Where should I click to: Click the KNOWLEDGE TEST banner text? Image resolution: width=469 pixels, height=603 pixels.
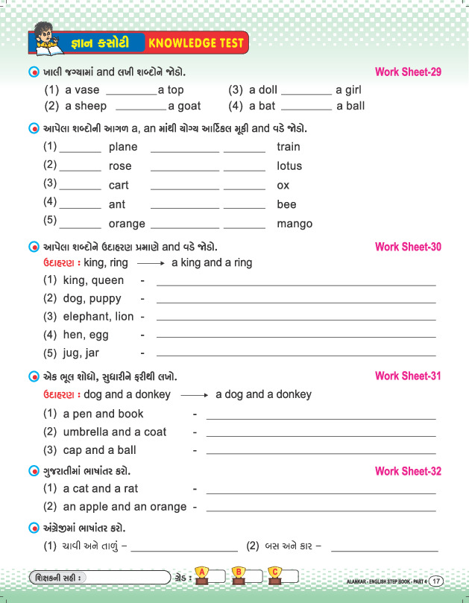(x=197, y=43)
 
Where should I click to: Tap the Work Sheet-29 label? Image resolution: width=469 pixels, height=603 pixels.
(x=408, y=72)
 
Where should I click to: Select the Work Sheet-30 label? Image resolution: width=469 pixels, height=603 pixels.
(x=408, y=247)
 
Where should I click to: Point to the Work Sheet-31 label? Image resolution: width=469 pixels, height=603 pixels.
(x=408, y=376)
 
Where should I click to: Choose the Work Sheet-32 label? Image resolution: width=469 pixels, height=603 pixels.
(x=408, y=471)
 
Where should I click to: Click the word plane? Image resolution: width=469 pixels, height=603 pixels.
(x=123, y=148)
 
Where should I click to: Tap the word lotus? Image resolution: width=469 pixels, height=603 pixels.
(x=289, y=166)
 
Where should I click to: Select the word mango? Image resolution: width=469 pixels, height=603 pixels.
(x=295, y=224)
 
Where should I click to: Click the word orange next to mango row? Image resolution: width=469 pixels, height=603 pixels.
(x=127, y=224)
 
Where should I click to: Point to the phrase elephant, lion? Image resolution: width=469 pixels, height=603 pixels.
(x=98, y=317)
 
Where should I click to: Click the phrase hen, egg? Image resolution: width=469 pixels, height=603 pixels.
(x=86, y=335)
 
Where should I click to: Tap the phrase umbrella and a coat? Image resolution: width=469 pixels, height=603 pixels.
(x=115, y=432)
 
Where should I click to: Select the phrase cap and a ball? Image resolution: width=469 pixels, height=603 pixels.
(x=100, y=450)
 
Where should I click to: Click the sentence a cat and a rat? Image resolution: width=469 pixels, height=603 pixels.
(x=101, y=489)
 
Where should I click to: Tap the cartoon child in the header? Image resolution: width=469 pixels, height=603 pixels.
(x=46, y=40)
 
